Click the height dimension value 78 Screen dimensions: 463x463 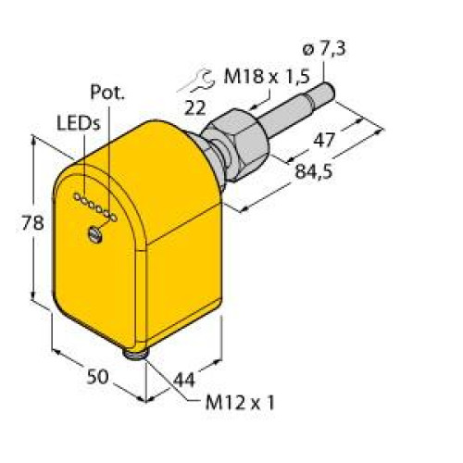pos(32,223)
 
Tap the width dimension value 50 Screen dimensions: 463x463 pos(97,377)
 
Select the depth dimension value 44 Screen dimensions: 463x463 pos(184,380)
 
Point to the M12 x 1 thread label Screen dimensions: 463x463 pos(240,403)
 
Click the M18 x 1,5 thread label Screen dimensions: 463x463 pos(267,76)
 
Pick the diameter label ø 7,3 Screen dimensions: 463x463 pos(324,49)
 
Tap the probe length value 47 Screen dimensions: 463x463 pos(324,140)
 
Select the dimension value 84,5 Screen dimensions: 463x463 pos(314,171)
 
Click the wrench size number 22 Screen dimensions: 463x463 pos(194,108)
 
